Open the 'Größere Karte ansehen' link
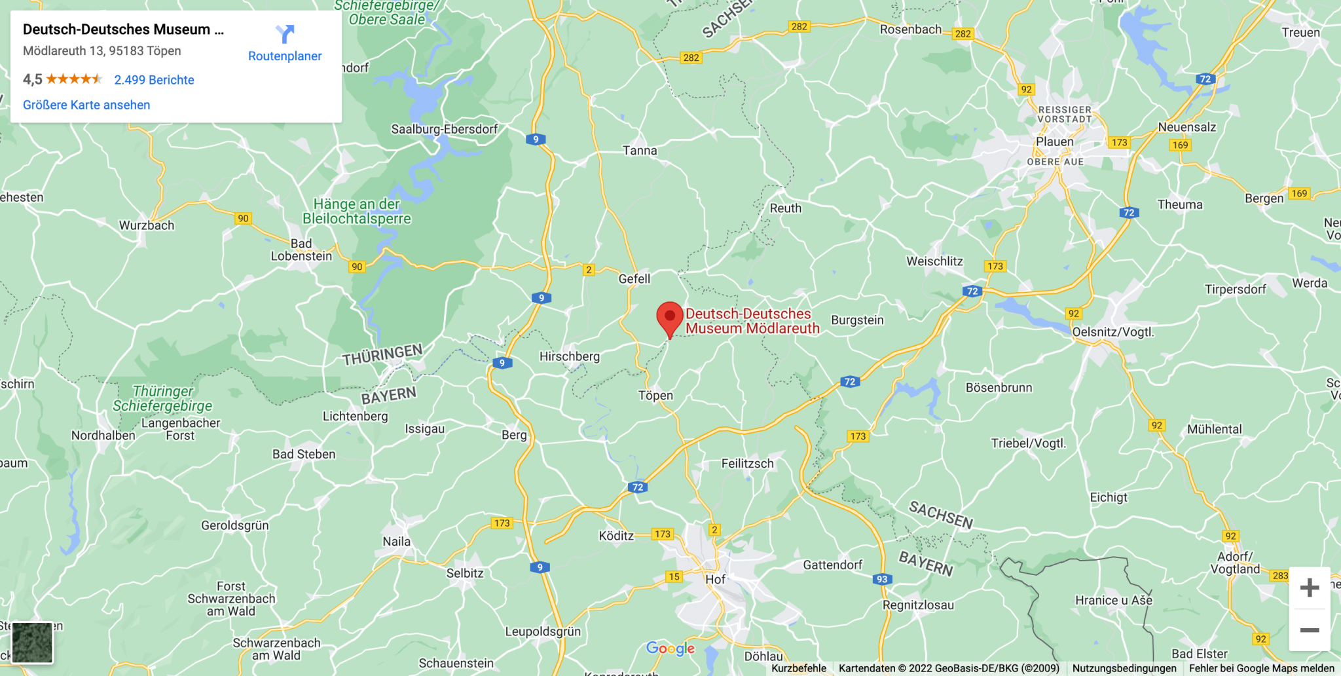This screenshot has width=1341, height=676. point(86,105)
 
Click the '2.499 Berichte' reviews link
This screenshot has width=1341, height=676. point(154,80)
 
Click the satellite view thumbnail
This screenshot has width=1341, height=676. point(32,643)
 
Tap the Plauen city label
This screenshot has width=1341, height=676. point(1054,141)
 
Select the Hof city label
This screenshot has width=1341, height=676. point(715,579)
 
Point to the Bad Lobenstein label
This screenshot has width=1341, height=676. point(301,250)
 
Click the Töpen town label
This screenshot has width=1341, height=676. point(655,395)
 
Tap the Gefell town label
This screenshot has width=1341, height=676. point(634,278)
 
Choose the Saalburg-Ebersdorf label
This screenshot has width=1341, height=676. point(444,129)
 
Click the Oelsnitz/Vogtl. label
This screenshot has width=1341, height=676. point(1112,331)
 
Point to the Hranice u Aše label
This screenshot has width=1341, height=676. point(1113,600)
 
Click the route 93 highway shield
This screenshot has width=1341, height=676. point(882,579)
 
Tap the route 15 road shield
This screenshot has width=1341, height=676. point(674,576)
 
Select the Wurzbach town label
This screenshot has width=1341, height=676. point(147,225)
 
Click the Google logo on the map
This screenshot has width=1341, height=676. point(670,648)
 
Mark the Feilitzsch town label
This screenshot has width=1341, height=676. point(747,463)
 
